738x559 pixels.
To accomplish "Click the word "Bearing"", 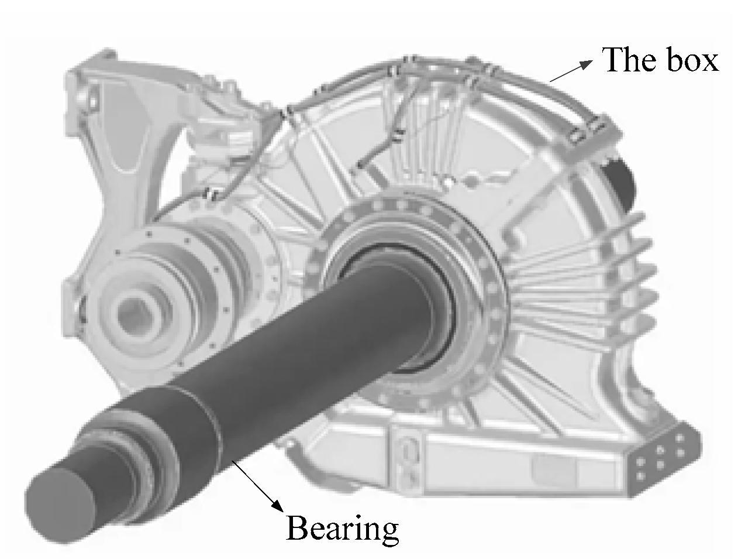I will pyautogui.click(x=342, y=528).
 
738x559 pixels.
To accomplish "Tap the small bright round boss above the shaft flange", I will pyautogui.click(x=467, y=177).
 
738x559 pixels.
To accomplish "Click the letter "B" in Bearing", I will pyautogui.click(x=296, y=528).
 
